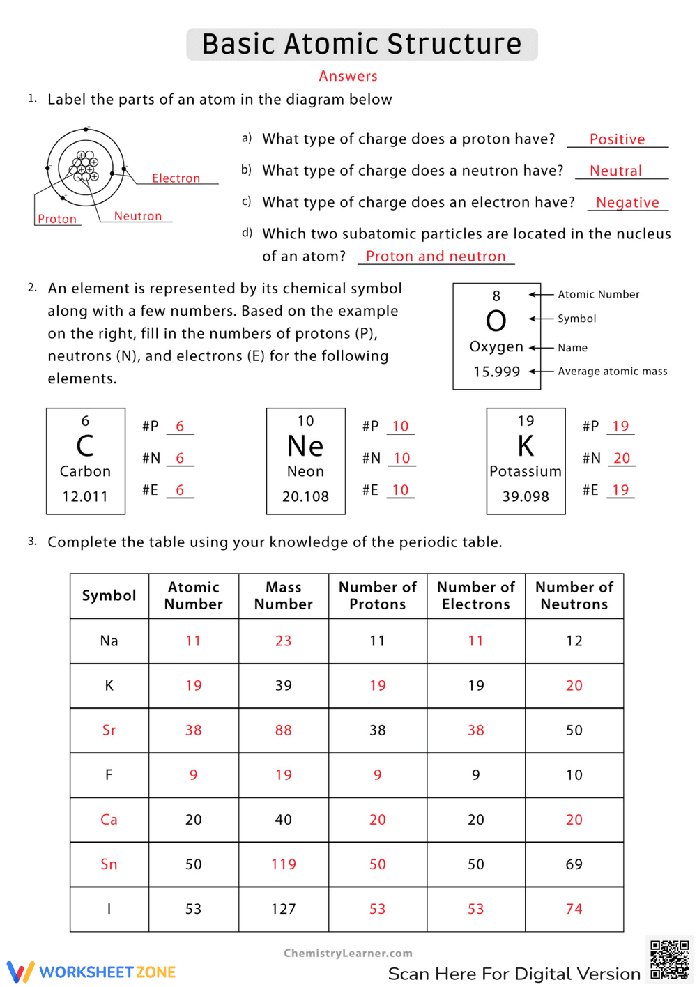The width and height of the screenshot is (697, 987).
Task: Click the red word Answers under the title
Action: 348,76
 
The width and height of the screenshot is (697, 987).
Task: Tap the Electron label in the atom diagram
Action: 176,178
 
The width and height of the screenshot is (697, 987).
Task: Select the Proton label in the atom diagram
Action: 57,219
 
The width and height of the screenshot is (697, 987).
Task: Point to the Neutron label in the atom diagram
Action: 138,216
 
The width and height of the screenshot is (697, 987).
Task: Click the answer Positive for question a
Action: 617,139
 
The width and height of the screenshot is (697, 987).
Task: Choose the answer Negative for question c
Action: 627,203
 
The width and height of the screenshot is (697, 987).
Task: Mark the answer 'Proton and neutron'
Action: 436,257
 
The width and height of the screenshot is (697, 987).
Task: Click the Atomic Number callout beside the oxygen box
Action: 598,294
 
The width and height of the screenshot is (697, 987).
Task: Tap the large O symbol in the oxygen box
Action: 496,321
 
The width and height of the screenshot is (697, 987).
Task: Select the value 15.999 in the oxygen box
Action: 496,372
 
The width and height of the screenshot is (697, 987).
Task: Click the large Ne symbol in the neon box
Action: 305,446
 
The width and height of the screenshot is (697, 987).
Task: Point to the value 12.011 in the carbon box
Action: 85,496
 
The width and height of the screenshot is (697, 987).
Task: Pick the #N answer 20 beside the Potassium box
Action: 621,458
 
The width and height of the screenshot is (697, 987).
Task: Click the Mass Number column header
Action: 283,596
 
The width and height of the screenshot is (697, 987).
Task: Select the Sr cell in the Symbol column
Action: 109,730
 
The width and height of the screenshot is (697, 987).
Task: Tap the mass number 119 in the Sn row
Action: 283,864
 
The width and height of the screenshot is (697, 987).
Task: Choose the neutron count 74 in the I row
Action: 574,909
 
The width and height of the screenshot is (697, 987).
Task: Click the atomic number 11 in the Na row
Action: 193,641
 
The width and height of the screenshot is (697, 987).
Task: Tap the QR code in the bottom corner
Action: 669,960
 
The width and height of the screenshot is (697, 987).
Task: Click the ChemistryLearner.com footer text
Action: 348,954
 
